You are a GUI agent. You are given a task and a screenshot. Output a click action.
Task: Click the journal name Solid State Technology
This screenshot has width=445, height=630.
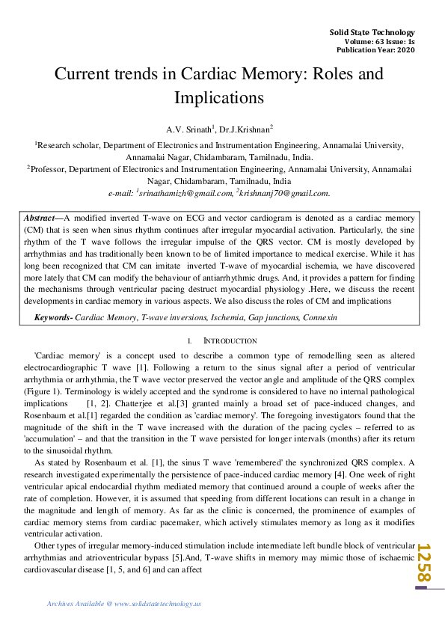372,32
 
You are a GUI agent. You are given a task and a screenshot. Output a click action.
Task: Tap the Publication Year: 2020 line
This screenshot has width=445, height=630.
375,49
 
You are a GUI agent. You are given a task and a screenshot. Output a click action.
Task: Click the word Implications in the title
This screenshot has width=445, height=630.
219,97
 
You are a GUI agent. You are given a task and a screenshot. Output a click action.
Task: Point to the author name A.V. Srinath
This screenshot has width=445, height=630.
190,129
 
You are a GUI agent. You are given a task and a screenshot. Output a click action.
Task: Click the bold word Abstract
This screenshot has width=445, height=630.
39,216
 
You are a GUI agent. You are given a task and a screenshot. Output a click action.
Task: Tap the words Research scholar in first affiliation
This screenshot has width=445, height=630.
67,146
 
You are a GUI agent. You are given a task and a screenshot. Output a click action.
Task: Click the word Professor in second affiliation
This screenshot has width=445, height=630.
51,170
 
